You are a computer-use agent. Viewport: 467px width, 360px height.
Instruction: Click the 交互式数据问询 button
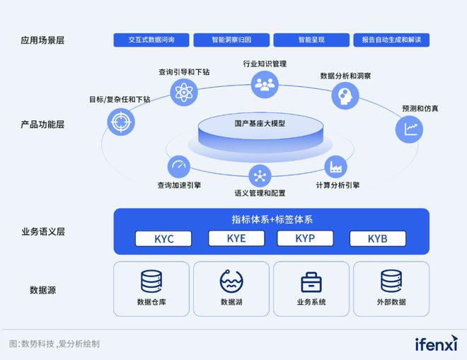tap(151, 40)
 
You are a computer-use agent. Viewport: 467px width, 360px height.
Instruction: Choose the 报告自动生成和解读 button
tap(391, 40)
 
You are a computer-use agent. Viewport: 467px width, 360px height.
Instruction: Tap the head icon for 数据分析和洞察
tap(345, 93)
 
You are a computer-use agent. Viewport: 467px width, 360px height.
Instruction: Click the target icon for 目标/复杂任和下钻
tap(120, 121)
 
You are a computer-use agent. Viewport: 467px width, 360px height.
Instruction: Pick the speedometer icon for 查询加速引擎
tap(178, 167)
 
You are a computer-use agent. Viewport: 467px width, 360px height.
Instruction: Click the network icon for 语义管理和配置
tap(260, 175)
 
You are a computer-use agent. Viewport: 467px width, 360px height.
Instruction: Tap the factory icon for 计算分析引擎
tap(335, 167)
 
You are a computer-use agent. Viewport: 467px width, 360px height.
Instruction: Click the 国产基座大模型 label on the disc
tap(260, 123)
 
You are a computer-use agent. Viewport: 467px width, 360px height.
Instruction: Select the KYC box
tap(163, 238)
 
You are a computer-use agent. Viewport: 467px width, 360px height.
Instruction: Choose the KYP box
tap(305, 238)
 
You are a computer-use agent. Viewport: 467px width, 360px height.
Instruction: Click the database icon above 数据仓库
tap(151, 281)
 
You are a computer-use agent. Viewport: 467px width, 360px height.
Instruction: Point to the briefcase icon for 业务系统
tap(311, 281)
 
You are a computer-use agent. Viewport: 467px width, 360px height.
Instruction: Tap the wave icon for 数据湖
tap(231, 281)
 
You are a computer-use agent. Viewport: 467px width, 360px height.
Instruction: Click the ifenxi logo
tap(436, 344)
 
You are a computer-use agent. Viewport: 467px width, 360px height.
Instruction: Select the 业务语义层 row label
tap(43, 231)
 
